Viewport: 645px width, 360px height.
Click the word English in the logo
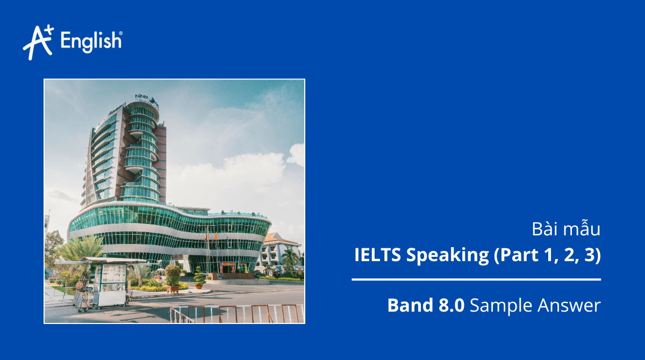(91, 41)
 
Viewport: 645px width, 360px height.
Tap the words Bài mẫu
(565, 229)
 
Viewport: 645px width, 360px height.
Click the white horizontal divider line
(476, 279)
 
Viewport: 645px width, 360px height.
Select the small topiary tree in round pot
(199, 278)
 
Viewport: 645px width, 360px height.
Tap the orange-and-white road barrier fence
(236, 314)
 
